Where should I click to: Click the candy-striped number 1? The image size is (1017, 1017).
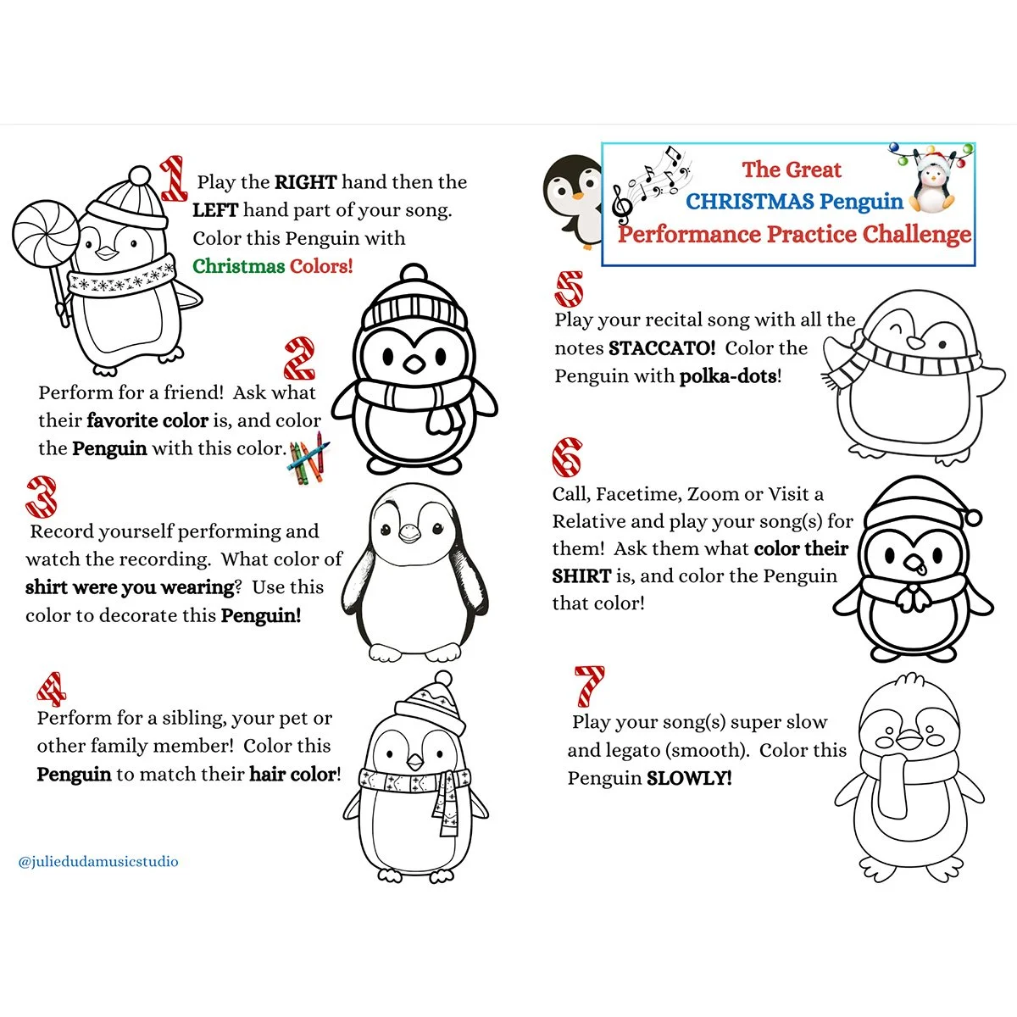175,178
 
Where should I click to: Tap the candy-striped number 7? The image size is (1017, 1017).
590,686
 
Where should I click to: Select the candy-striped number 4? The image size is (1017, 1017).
52,689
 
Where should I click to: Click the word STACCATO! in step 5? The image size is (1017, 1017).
662,348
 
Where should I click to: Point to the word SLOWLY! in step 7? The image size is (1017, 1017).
689,778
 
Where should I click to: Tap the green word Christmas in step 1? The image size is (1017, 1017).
238,266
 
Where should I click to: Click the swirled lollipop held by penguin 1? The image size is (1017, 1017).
46,232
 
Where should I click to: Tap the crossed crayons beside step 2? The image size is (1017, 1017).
308,458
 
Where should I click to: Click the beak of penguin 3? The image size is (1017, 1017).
409,534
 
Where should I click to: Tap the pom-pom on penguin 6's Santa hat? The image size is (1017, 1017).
973,518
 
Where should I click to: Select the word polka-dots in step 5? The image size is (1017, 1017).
728,377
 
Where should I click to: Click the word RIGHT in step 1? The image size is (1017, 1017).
306,182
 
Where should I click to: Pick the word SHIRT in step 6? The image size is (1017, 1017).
581,575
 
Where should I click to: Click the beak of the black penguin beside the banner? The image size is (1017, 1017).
578,196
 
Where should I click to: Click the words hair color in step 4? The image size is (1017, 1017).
293,775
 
